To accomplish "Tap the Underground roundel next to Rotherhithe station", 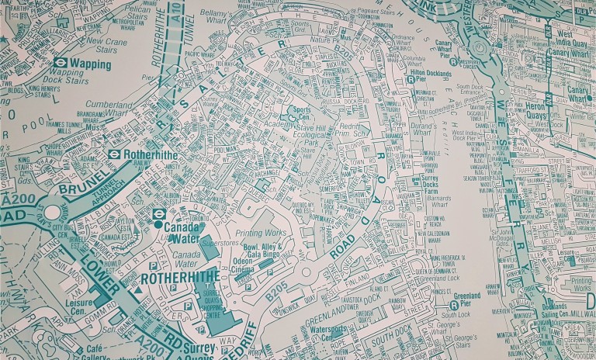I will [x=114, y=154].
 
